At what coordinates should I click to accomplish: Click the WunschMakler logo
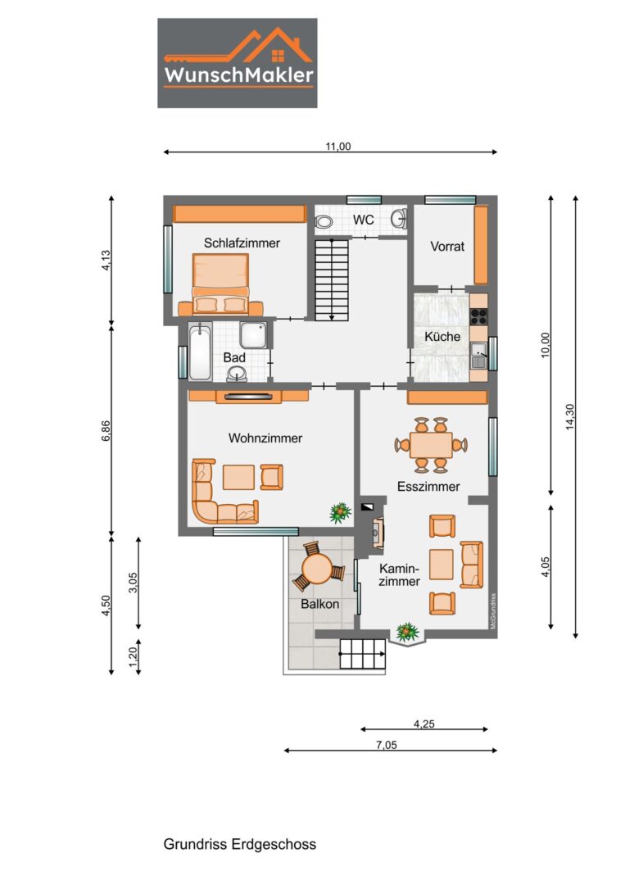[x=237, y=62]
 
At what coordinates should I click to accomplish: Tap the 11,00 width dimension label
[x=337, y=146]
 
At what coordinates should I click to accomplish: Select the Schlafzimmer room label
[x=242, y=243]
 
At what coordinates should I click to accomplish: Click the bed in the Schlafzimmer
[x=220, y=284]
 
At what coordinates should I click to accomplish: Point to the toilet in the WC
[x=324, y=221]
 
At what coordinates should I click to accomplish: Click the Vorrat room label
[x=447, y=246]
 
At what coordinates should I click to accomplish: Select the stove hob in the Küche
[x=479, y=316]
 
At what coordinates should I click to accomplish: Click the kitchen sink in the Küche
[x=479, y=356]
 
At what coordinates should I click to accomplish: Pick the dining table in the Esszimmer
[x=431, y=445]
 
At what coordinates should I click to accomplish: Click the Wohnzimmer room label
[x=265, y=438]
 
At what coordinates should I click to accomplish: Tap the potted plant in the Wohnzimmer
[x=340, y=512]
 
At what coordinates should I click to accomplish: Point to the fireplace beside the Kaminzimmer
[x=378, y=533]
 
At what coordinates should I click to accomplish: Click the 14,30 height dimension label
[x=570, y=416]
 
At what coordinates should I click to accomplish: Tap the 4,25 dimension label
[x=424, y=724]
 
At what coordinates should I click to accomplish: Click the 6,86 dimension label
[x=106, y=431]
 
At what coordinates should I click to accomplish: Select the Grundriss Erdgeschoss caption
[x=240, y=844]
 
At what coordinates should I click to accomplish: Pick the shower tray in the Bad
[x=253, y=335]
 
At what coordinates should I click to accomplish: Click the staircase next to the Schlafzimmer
[x=332, y=280]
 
